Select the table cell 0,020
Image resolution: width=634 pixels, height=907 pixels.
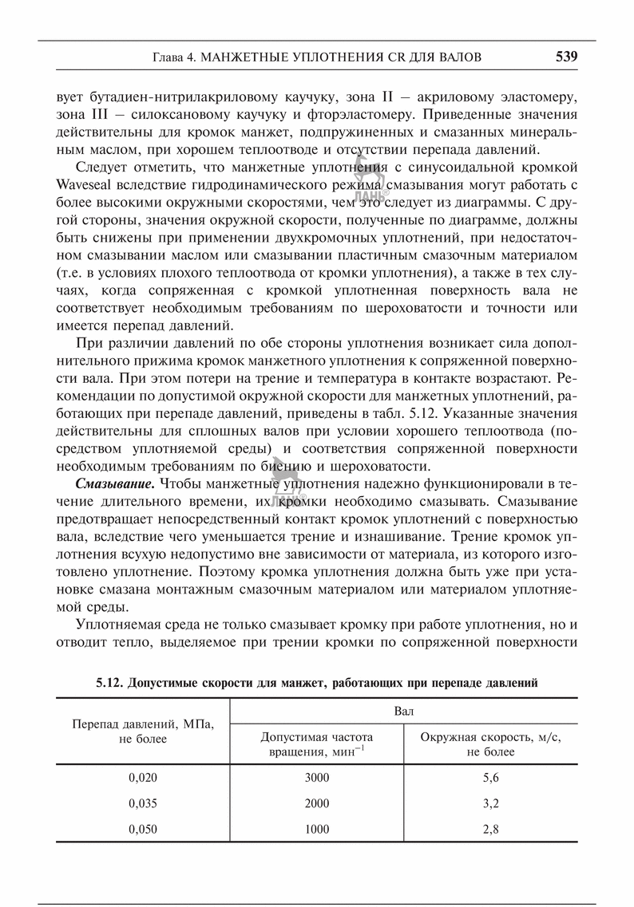(143, 777)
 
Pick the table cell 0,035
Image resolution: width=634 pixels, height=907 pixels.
(143, 803)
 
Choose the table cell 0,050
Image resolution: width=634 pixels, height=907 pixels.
(143, 830)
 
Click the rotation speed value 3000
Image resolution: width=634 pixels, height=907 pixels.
(317, 777)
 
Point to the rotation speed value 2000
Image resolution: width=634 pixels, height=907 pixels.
(317, 803)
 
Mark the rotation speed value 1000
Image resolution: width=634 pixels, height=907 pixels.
(317, 830)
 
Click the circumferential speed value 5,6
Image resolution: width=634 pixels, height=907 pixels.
(491, 777)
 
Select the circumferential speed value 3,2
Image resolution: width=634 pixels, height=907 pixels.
(491, 803)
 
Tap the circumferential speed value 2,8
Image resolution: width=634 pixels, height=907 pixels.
(491, 830)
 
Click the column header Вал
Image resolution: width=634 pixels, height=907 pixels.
(404, 710)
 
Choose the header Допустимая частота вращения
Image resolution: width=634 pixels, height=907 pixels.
(317, 744)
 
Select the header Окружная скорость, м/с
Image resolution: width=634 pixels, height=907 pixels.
(491, 744)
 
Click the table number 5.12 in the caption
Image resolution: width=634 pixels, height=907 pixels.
(108, 683)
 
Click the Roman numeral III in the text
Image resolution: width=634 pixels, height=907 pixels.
(82, 114)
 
